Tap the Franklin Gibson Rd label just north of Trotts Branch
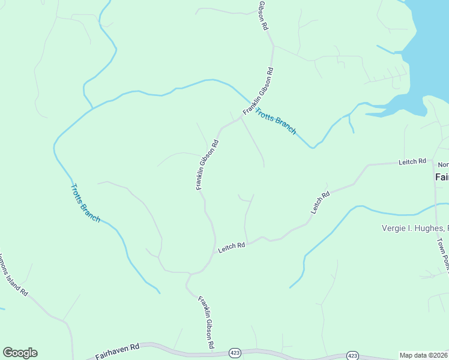259,91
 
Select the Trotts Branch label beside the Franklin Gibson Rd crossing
276,121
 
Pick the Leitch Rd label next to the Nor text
412,161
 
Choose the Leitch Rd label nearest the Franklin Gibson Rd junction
232,246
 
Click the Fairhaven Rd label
117,351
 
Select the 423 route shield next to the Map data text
353,356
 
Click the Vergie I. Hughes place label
415,228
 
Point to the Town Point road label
442,252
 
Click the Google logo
20,353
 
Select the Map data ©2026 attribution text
423,355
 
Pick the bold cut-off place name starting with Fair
441,178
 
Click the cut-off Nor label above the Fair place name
443,164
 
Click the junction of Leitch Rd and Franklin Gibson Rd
214,253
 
